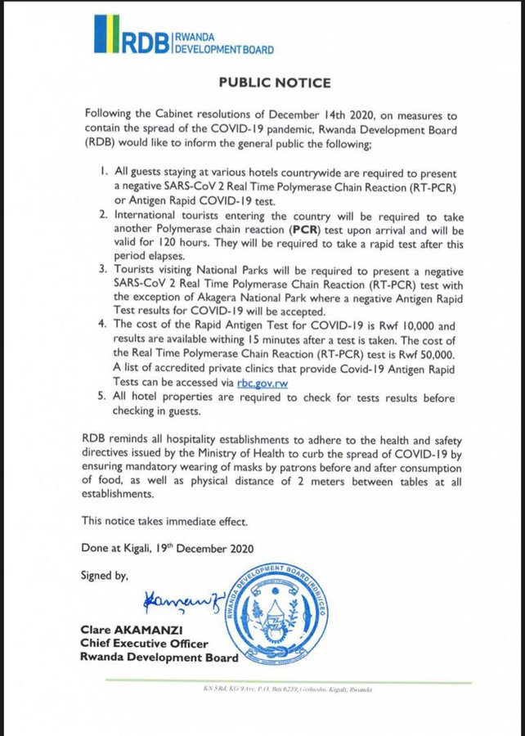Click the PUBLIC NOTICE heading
(x=274, y=83)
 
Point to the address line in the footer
(x=288, y=690)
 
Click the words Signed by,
(x=105, y=576)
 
